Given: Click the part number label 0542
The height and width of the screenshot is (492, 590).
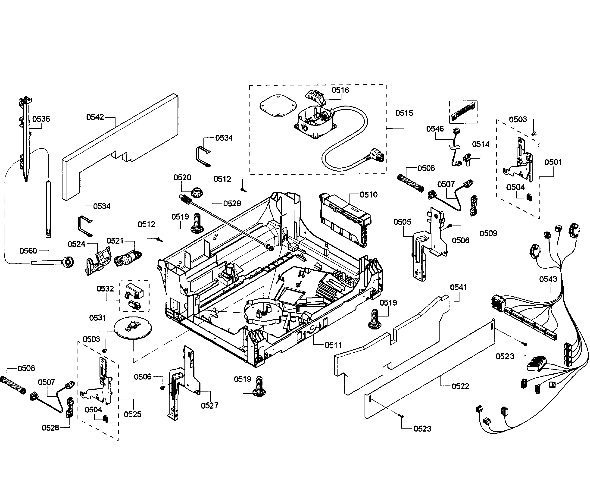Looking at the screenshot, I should (x=95, y=117).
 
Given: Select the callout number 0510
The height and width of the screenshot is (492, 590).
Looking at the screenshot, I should (x=369, y=194).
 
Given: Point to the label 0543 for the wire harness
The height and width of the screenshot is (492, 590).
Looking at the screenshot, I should (x=548, y=279).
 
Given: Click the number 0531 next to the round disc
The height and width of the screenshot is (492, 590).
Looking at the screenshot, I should (x=97, y=318).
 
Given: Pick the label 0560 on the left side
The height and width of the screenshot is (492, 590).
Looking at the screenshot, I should (x=28, y=251).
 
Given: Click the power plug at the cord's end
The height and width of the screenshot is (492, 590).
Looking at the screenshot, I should (x=377, y=156).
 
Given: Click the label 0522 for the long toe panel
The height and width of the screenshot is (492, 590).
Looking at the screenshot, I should (x=460, y=386).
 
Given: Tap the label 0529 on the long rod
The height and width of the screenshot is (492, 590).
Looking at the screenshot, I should (x=232, y=204).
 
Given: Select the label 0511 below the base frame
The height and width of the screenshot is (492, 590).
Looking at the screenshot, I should (x=333, y=345).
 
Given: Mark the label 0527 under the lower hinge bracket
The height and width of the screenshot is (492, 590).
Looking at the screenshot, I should (x=210, y=405).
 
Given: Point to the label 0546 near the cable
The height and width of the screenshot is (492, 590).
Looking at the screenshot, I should (x=435, y=129).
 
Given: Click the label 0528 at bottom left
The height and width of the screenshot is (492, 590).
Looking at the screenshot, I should (x=50, y=428).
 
